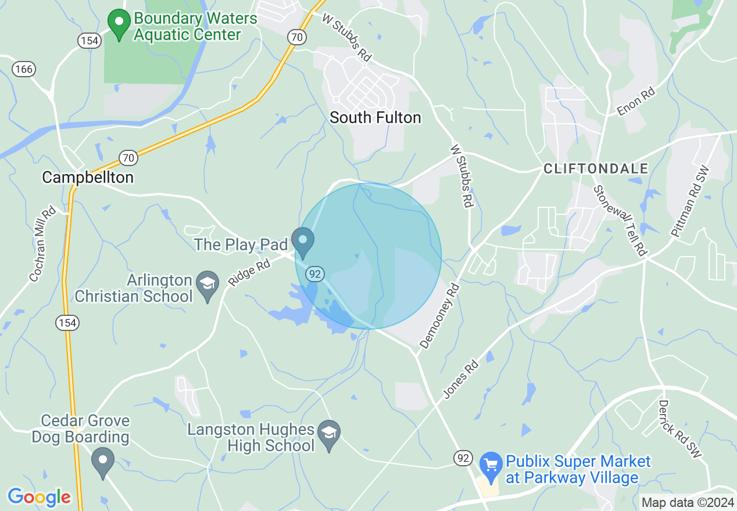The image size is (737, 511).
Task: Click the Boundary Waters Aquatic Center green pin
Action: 119,24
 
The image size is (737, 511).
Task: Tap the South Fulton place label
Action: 375,117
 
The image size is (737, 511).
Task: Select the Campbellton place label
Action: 88,177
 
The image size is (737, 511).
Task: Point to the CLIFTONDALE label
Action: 596,169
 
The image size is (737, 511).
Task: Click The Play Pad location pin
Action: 303,242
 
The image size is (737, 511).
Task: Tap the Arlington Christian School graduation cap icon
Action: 207,285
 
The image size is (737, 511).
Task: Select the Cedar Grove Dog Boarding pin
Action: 103,462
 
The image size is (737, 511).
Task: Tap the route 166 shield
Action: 24,69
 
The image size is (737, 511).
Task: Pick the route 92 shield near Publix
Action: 463,459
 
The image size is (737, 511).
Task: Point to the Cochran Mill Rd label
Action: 42,244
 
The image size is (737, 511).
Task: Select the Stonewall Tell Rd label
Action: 620,221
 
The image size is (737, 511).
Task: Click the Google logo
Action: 39,497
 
